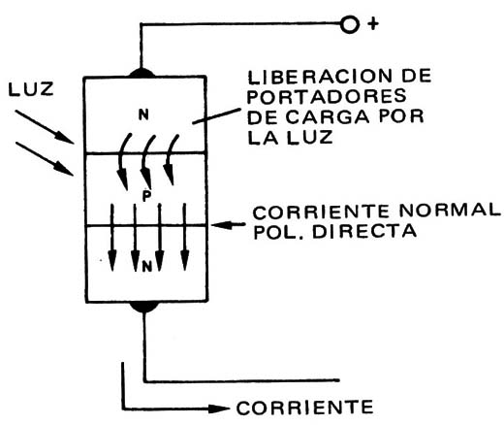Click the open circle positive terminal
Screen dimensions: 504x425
pyautogui.click(x=349, y=25)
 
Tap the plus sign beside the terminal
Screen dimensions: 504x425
pyautogui.click(x=373, y=24)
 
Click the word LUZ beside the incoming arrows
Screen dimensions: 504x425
pyautogui.click(x=31, y=89)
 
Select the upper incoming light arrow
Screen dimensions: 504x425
pyautogui.click(x=45, y=126)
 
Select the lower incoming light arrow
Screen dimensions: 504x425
pyautogui.click(x=45, y=159)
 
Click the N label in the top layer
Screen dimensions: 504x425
pyautogui.click(x=143, y=115)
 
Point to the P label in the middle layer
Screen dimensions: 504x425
pyautogui.click(x=146, y=195)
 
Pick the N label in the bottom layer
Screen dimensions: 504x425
pyautogui.click(x=147, y=267)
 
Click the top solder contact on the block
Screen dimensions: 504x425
pyautogui.click(x=142, y=73)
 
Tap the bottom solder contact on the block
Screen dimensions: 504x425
pyautogui.click(x=144, y=307)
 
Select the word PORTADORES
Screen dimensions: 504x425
pyautogui.click(x=327, y=96)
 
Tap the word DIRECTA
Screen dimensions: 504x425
pyautogui.click(x=364, y=232)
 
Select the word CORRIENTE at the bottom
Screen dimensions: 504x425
pyautogui.click(x=305, y=408)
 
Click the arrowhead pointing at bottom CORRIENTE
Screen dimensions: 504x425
pyautogui.click(x=219, y=409)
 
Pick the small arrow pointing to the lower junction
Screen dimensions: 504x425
pyautogui.click(x=228, y=224)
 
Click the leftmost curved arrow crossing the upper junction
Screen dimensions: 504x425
pyautogui.click(x=123, y=162)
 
